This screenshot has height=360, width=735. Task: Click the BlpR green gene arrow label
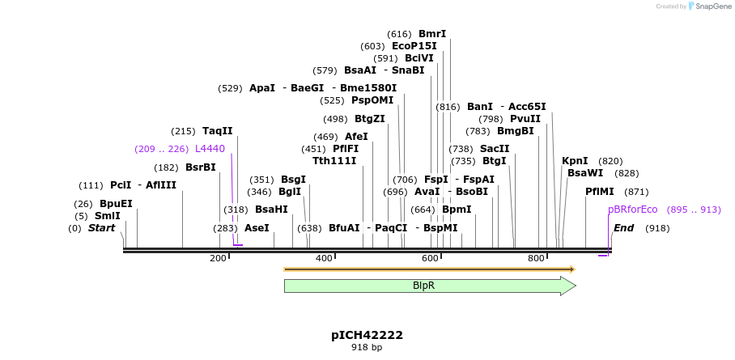(x=423, y=286)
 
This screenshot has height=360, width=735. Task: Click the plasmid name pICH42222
(x=367, y=335)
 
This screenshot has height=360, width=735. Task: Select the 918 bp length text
(x=367, y=348)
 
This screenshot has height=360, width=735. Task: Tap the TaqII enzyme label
(x=217, y=131)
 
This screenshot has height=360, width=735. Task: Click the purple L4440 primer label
(x=210, y=149)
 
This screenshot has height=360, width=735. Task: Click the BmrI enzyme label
(x=432, y=34)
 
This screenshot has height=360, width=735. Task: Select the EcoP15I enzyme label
(x=414, y=46)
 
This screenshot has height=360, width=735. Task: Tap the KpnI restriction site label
(x=575, y=161)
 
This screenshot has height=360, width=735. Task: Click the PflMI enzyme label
(x=600, y=192)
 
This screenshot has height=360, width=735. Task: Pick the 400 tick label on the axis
(x=324, y=258)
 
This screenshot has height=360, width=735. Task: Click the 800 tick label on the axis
(x=536, y=258)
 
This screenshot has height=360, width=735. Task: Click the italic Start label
(x=101, y=228)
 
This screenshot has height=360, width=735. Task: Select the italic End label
(x=623, y=228)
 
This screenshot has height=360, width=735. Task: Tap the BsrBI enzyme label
(x=201, y=167)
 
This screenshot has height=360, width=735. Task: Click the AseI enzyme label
(x=257, y=228)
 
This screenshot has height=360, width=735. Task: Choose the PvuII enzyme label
(x=525, y=119)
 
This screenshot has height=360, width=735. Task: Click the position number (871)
(x=637, y=192)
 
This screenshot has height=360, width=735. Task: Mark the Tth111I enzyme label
(x=334, y=161)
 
